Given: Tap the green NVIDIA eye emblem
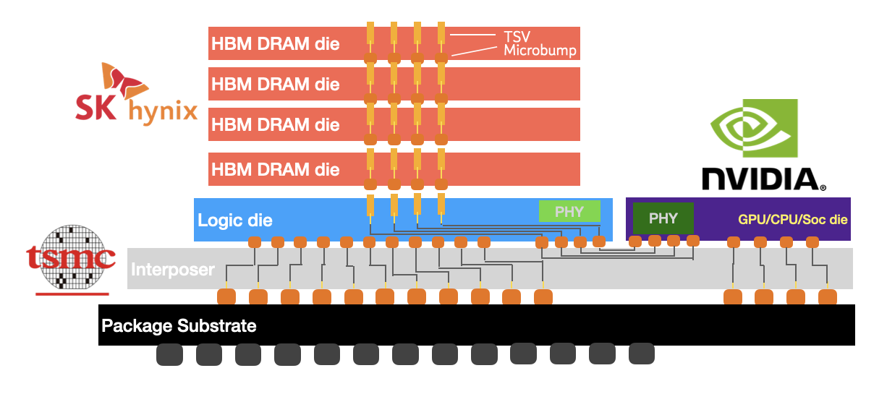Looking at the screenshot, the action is coord(754,128).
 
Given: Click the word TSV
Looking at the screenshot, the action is coord(517,37).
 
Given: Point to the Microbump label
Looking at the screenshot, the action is coord(540,51).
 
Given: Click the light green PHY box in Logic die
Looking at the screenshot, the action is coord(569,211).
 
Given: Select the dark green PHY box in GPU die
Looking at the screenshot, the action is coord(663,218).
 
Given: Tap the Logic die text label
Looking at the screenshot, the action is coord(235,221).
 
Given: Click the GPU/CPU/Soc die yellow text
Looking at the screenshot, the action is coord(793,220).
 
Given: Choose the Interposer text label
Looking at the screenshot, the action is coord(173,270).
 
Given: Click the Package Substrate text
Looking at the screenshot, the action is coord(179,325).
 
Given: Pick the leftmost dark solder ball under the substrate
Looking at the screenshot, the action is coord(169,354).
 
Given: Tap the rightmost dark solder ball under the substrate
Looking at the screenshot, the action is coord(642,354).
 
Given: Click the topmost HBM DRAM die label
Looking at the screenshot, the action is coord(276,43).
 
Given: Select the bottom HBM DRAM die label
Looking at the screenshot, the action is coord(276,169).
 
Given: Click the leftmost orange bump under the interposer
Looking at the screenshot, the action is coord(226,296).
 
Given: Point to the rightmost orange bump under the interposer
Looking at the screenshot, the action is coord(828,296).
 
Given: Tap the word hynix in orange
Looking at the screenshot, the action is coord(163,111).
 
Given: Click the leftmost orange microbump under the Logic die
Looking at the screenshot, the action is coord(255,242).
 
